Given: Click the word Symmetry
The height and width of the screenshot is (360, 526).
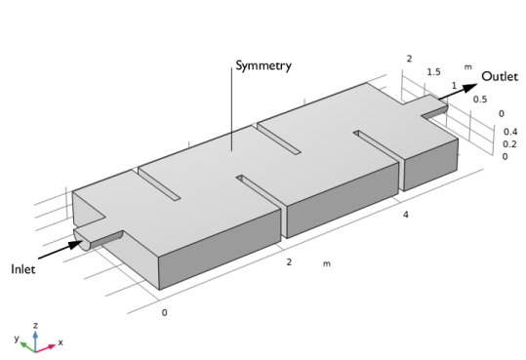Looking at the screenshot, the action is pyautogui.click(x=263, y=65).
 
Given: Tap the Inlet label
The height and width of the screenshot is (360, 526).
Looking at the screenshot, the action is pyautogui.click(x=22, y=269).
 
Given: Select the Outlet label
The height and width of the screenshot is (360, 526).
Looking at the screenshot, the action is pyautogui.click(x=500, y=76).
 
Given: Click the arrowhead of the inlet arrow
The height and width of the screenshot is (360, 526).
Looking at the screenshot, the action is pyautogui.click(x=75, y=243).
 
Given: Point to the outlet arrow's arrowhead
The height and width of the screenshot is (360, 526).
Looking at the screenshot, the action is pyautogui.click(x=469, y=88).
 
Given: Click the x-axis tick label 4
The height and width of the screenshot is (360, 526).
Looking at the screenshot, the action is pyautogui.click(x=406, y=215).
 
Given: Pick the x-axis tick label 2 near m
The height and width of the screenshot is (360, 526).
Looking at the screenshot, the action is pyautogui.click(x=289, y=262).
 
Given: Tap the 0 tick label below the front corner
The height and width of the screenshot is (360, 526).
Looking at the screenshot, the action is pyautogui.click(x=164, y=313).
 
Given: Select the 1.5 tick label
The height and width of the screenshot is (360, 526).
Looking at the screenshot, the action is pyautogui.click(x=433, y=72).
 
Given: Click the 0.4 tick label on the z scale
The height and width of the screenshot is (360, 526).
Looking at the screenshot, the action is pyautogui.click(x=509, y=132).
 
